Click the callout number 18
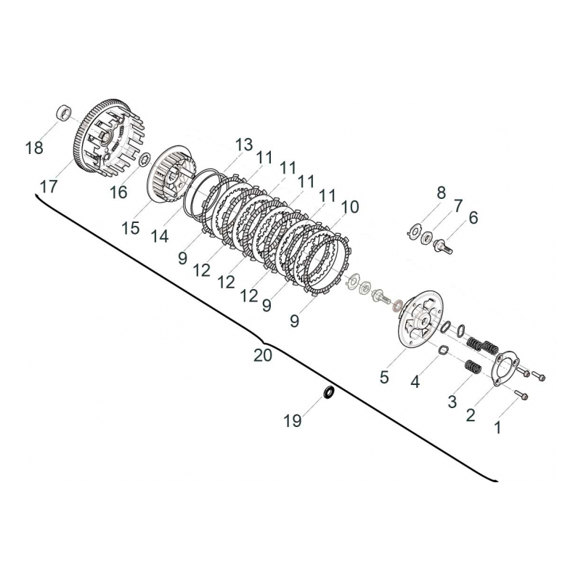pos(34,148)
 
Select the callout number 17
pos(49,187)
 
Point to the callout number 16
pos(118,192)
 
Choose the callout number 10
pos(349,207)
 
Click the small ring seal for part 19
pos(328,393)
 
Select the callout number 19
pos(292,420)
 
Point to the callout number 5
pos(384,377)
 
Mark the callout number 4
pos(415,381)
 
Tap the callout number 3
pos(452,402)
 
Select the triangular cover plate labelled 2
pos(498,367)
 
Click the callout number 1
pos(497,428)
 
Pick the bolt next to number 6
pos(442,246)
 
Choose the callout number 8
pos(440,193)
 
